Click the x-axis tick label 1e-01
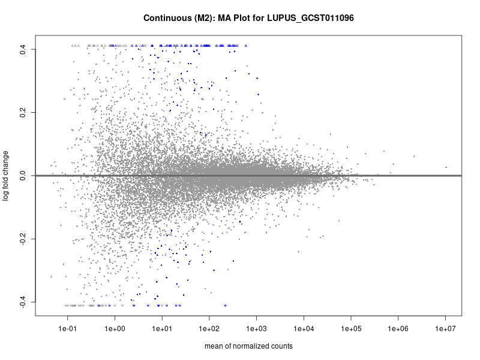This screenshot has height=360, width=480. (68, 329)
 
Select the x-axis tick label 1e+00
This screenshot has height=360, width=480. (115, 329)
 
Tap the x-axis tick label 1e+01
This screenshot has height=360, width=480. (162, 329)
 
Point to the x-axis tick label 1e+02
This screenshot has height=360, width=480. (209, 329)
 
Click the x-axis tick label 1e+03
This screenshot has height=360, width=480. (256, 329)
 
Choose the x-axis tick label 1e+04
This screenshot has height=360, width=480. (304, 329)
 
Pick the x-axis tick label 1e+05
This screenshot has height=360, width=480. (351, 329)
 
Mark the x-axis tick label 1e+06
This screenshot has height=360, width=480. (398, 329)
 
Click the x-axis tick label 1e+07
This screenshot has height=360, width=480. (445, 329)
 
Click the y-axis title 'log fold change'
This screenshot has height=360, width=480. (7, 175)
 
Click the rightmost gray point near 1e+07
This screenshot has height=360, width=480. (446, 167)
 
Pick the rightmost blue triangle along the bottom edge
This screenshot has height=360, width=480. (225, 305)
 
